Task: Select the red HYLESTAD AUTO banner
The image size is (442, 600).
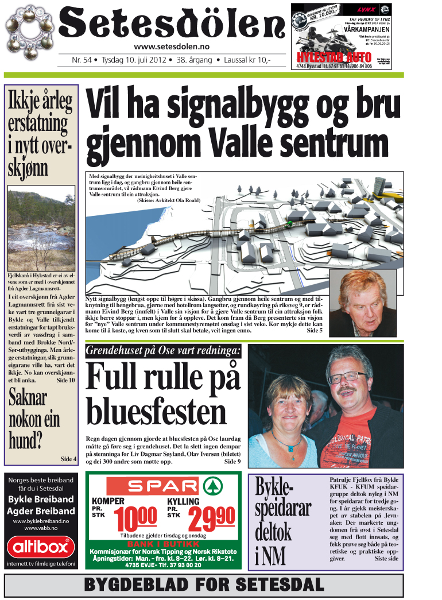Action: point(326,58)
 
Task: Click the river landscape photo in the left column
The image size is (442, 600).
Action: point(41,226)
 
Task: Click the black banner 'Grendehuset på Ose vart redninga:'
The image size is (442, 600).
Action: point(163,351)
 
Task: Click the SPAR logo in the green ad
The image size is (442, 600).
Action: point(161,486)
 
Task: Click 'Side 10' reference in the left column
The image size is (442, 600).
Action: point(65,380)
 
